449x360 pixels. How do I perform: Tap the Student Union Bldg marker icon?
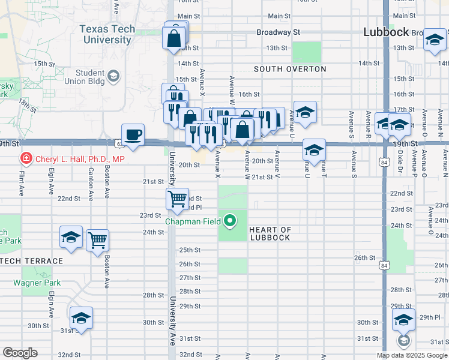pyautogui.click(x=113, y=76)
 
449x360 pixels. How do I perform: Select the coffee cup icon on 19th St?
pyautogui.click(x=133, y=134)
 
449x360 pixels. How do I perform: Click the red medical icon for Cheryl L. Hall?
pyautogui.click(x=26, y=159)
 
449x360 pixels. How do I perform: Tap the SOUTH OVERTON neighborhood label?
pyautogui.click(x=290, y=69)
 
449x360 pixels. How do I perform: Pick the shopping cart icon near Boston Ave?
pyautogui.click(x=97, y=240)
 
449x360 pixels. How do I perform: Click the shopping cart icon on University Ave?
pyautogui.click(x=178, y=199)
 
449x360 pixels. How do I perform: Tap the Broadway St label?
pyautogui.click(x=278, y=32)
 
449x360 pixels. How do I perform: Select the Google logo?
pyautogui.click(x=20, y=353)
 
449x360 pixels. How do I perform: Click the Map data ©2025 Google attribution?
pyautogui.click(x=412, y=355)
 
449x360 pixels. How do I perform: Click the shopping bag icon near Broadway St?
pyautogui.click(x=174, y=38)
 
